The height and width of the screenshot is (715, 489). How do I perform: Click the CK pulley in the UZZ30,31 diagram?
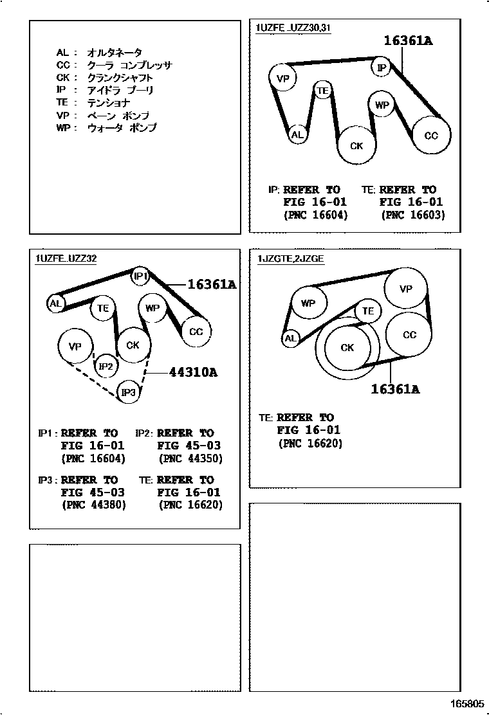click(x=356, y=145)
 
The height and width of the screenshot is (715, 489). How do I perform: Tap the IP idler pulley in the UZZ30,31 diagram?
click(x=382, y=68)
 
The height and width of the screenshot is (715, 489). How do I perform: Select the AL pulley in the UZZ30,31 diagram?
click(x=297, y=134)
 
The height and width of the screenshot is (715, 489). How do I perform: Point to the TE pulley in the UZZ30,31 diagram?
click(x=322, y=91)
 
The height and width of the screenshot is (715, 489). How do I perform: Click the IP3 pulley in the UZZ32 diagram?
click(x=129, y=392)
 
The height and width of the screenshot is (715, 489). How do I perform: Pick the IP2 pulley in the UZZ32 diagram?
click(x=106, y=366)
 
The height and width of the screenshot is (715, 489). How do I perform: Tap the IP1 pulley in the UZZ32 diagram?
click(x=140, y=276)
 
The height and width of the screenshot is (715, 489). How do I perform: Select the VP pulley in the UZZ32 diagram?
click(x=75, y=346)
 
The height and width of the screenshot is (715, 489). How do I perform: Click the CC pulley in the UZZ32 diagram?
click(x=196, y=332)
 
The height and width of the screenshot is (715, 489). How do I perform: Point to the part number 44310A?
click(x=194, y=372)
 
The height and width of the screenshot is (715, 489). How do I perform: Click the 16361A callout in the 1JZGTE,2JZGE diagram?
click(x=395, y=389)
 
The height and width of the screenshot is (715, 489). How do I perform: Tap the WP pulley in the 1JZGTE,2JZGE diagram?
click(x=308, y=303)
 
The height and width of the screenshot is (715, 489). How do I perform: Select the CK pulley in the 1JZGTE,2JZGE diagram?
click(x=347, y=347)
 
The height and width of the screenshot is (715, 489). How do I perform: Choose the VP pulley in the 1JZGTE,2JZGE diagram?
click(x=405, y=289)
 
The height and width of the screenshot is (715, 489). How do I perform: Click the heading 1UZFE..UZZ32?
click(x=67, y=258)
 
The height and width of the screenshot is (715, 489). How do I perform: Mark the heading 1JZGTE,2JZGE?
click(x=291, y=259)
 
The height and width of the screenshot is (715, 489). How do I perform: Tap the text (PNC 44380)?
click(x=94, y=505)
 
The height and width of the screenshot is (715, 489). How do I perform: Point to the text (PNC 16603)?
click(x=413, y=215)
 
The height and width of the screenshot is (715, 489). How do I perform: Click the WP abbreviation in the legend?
click(x=64, y=128)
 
